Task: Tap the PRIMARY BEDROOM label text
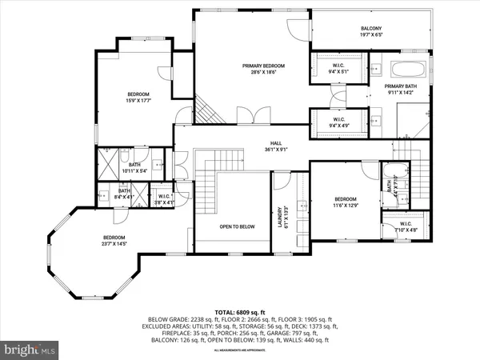click(x=264, y=65)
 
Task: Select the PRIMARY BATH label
click(x=400, y=86)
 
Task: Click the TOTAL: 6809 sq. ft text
click(x=240, y=311)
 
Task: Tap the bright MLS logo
click(x=30, y=349)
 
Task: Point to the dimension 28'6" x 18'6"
click(x=264, y=72)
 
